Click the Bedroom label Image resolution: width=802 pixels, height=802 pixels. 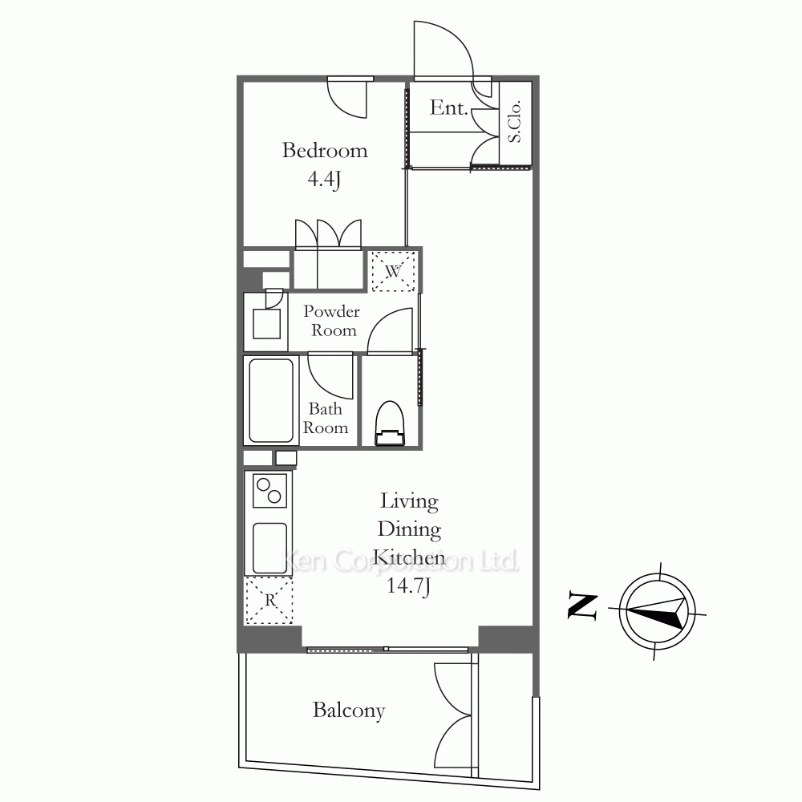click(325, 151)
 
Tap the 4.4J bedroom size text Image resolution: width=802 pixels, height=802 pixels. click(324, 179)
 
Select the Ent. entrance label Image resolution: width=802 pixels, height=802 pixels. click(449, 107)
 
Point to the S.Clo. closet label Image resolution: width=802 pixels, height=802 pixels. click(514, 121)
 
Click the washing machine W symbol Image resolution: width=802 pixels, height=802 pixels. click(393, 271)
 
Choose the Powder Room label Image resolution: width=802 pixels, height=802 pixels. click(332, 321)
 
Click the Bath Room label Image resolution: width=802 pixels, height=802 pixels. click(326, 419)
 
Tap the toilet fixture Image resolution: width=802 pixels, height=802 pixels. click(390, 423)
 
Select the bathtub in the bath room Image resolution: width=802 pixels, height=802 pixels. click(270, 400)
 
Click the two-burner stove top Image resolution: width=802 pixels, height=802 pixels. click(269, 490)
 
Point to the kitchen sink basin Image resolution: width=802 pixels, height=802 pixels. click(269, 548)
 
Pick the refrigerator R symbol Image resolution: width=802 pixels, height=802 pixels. click(269, 601)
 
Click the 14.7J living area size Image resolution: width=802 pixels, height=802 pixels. click(408, 586)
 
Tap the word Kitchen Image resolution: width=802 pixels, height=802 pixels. click(409, 557)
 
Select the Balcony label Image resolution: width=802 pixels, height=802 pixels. click(349, 711)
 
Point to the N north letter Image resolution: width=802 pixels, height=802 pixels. click(583, 606)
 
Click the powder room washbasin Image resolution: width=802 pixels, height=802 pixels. click(266, 323)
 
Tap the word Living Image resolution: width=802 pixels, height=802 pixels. click(409, 502)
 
